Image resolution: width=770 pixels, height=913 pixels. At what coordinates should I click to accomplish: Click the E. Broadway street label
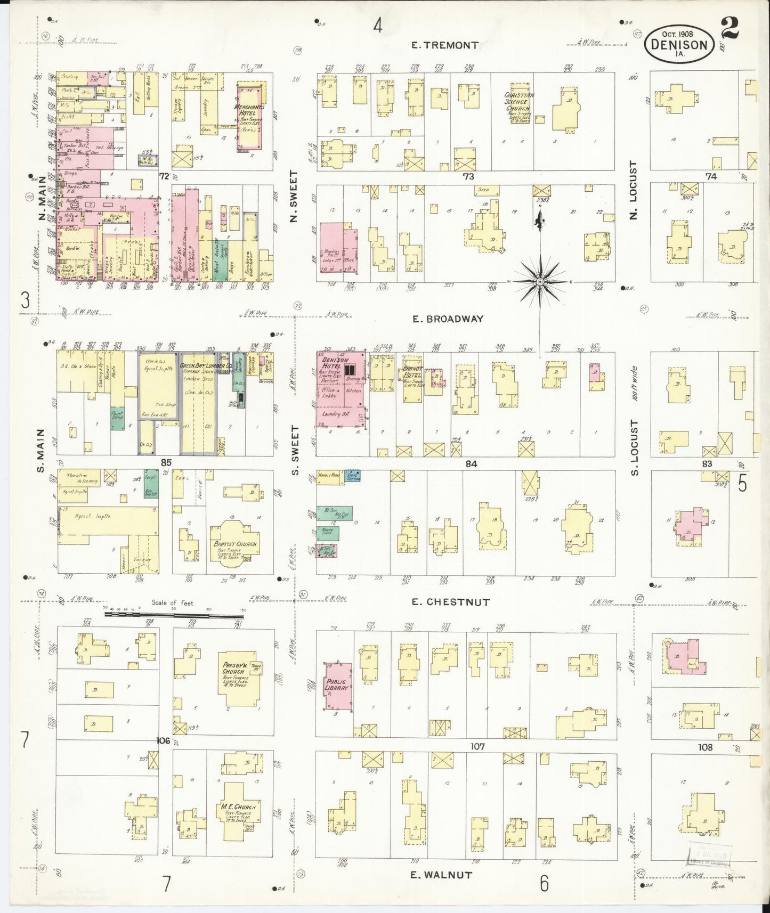(x=448, y=319)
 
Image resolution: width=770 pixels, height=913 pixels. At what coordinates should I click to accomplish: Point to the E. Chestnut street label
(x=450, y=602)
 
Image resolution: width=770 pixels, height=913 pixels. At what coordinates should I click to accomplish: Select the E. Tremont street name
(x=444, y=45)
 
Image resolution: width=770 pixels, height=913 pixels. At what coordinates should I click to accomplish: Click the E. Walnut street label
(x=441, y=875)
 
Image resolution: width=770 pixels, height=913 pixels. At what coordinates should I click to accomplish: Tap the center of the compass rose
(x=540, y=281)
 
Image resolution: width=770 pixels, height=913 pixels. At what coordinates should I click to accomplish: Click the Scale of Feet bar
(x=173, y=614)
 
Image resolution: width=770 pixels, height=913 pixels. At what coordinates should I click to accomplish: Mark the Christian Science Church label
(x=518, y=101)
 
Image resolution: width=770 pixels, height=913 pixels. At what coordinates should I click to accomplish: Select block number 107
(x=477, y=747)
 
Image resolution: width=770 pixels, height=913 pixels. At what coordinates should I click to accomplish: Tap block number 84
(x=471, y=463)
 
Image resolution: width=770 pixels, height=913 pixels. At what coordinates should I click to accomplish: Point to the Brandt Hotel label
(x=412, y=371)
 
